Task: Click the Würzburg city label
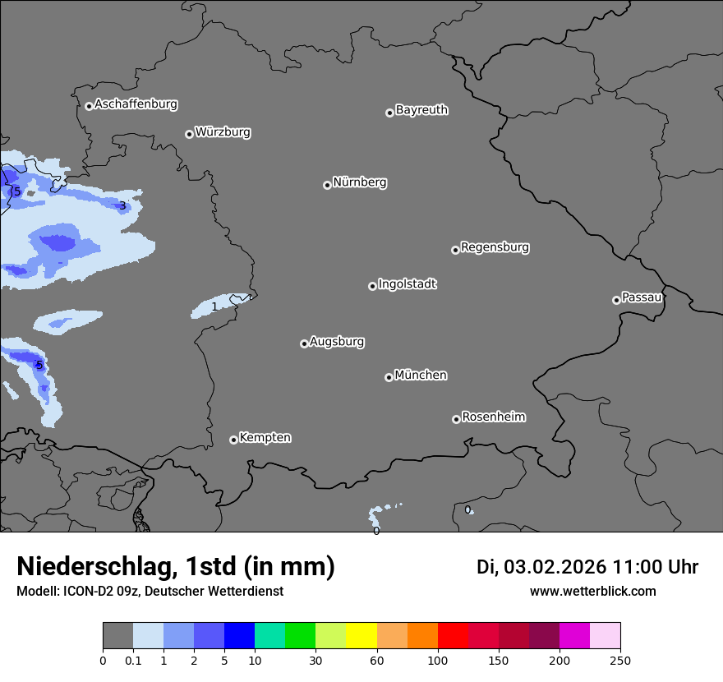pos(223,132)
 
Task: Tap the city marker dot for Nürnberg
pos(327,185)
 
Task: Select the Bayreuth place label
pos(421,110)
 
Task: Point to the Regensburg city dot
pos(455,250)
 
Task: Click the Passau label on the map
pos(642,297)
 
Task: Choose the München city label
pos(421,376)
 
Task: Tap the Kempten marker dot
pos(233,440)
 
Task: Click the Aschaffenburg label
pos(136,104)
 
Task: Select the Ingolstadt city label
pos(407,284)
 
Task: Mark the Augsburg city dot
pos(304,343)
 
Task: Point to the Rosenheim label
pos(493,417)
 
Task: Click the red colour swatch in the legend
pos(453,636)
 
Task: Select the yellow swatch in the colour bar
pos(361,636)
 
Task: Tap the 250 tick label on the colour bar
pos(620,660)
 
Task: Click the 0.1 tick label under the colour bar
pos(133,660)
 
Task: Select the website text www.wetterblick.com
pos(592,592)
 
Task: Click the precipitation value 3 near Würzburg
pos(122,205)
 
